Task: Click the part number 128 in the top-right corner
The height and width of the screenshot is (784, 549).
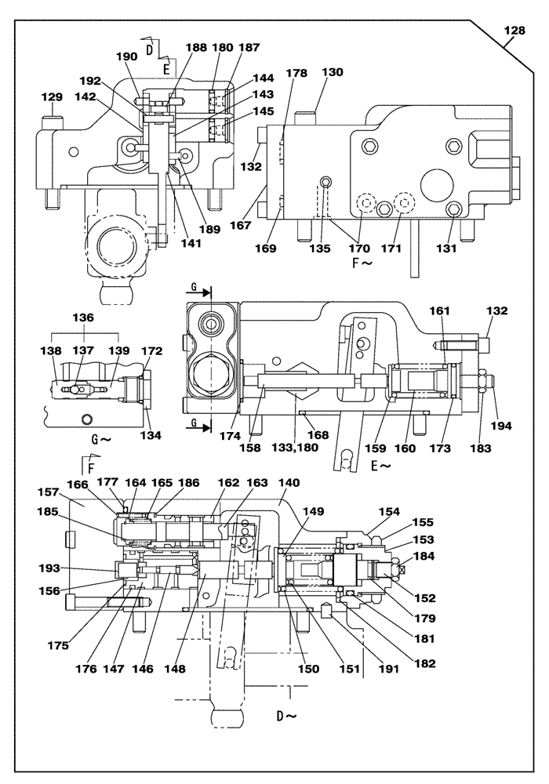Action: pyautogui.click(x=514, y=31)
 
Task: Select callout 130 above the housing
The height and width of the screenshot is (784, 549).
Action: pyautogui.click(x=333, y=71)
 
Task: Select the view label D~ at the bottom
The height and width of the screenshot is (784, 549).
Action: pyautogui.click(x=287, y=716)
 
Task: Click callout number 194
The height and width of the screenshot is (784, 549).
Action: pyautogui.click(x=501, y=426)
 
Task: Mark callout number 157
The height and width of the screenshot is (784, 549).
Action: pyautogui.click(x=49, y=492)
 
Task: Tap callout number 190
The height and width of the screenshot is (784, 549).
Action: pyautogui.click(x=126, y=58)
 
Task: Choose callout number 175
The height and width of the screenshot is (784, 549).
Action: pyautogui.click(x=58, y=647)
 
